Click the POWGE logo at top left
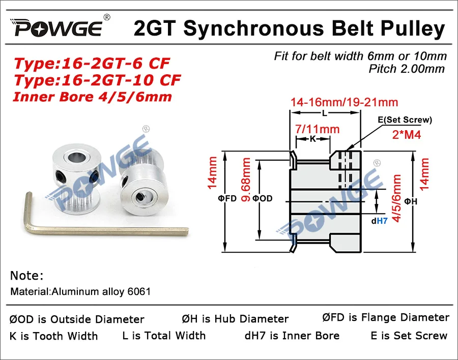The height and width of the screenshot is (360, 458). pyautogui.click(x=59, y=29)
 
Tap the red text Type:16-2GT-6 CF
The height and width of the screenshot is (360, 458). pyautogui.click(x=92, y=64)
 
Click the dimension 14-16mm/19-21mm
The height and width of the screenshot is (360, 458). pyautogui.click(x=344, y=103)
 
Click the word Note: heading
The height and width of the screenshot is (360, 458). pyautogui.click(x=27, y=276)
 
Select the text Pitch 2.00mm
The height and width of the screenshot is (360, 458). pyautogui.click(x=407, y=69)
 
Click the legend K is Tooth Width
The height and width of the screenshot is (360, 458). pyautogui.click(x=53, y=336)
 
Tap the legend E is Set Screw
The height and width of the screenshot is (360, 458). pyautogui.click(x=409, y=336)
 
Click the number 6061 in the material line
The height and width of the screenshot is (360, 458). pyautogui.click(x=139, y=292)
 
